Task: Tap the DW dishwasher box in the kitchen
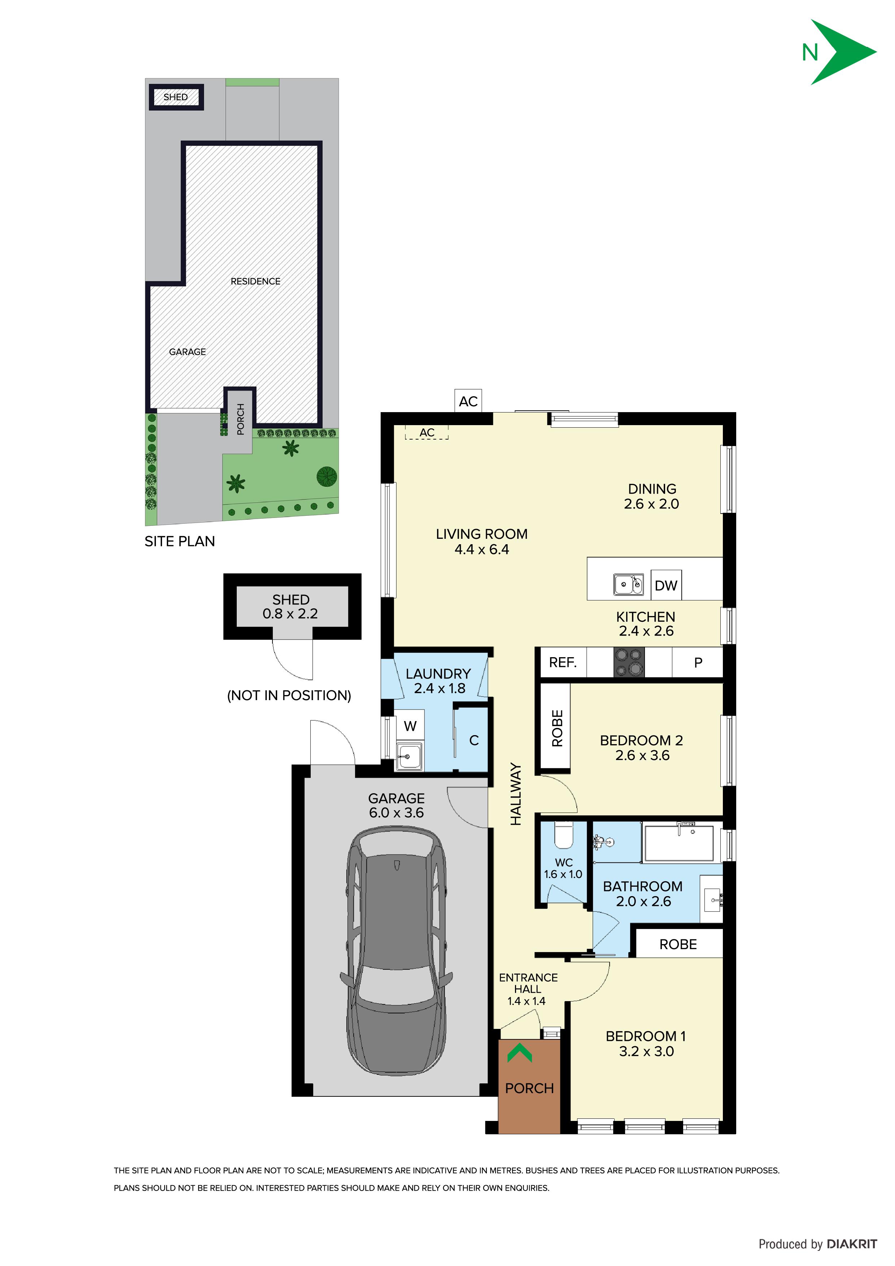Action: [666, 585]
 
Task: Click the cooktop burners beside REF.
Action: [629, 662]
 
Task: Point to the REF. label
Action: [563, 662]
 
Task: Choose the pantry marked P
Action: [698, 662]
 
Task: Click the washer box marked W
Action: [410, 726]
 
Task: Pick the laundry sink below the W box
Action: [410, 755]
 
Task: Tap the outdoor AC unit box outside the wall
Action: [468, 401]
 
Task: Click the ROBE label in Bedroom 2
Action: [557, 728]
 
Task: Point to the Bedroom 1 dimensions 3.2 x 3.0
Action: [646, 1052]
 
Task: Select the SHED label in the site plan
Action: [175, 97]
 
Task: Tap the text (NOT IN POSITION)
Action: [289, 695]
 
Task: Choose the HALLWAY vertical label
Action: [516, 794]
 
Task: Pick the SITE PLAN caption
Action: [180, 541]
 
